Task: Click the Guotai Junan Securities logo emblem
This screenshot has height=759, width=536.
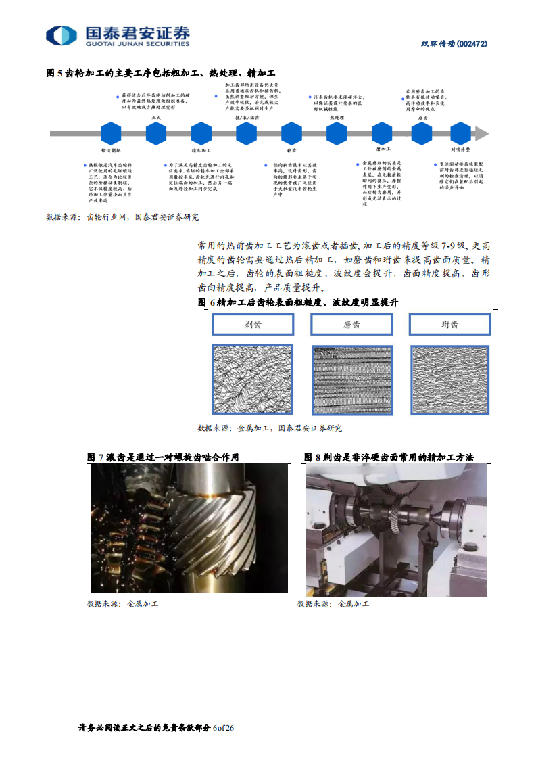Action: click(x=62, y=37)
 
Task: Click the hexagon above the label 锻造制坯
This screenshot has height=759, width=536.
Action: click(x=111, y=133)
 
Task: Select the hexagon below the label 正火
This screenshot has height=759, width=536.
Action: click(x=156, y=133)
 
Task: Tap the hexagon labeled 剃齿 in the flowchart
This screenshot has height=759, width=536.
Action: click(x=291, y=133)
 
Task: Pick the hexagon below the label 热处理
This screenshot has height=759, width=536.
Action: click(x=337, y=133)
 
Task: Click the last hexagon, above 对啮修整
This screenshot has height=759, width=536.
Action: click(x=460, y=133)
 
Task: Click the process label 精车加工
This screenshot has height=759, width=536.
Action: click(x=201, y=150)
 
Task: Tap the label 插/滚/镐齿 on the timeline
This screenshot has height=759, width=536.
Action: click(x=246, y=117)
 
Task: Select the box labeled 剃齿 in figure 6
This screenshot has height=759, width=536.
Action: click(x=253, y=325)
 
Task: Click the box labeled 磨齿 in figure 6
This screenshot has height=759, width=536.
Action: click(x=351, y=325)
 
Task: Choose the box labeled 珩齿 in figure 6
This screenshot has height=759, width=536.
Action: click(x=450, y=325)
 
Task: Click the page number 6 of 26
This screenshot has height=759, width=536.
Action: click(x=223, y=728)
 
